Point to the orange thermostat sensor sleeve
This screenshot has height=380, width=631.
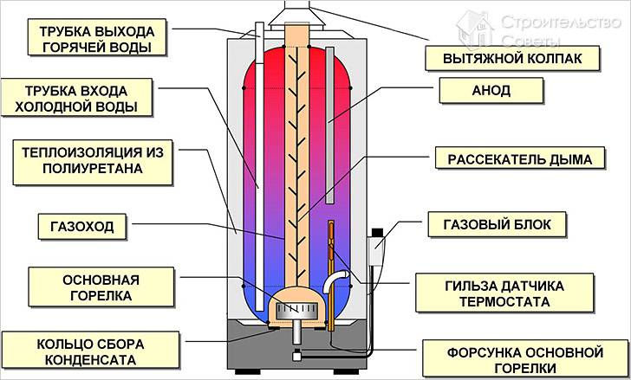pyautogui.click(x=330, y=260)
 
